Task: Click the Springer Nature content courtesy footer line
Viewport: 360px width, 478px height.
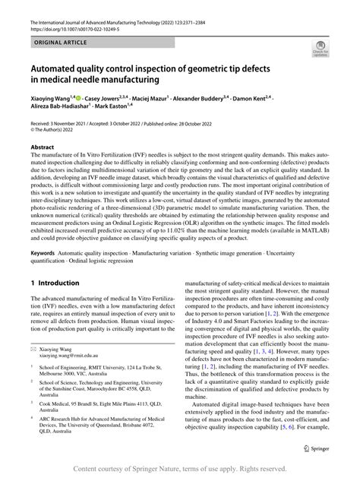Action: pyautogui.click(x=180, y=469)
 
